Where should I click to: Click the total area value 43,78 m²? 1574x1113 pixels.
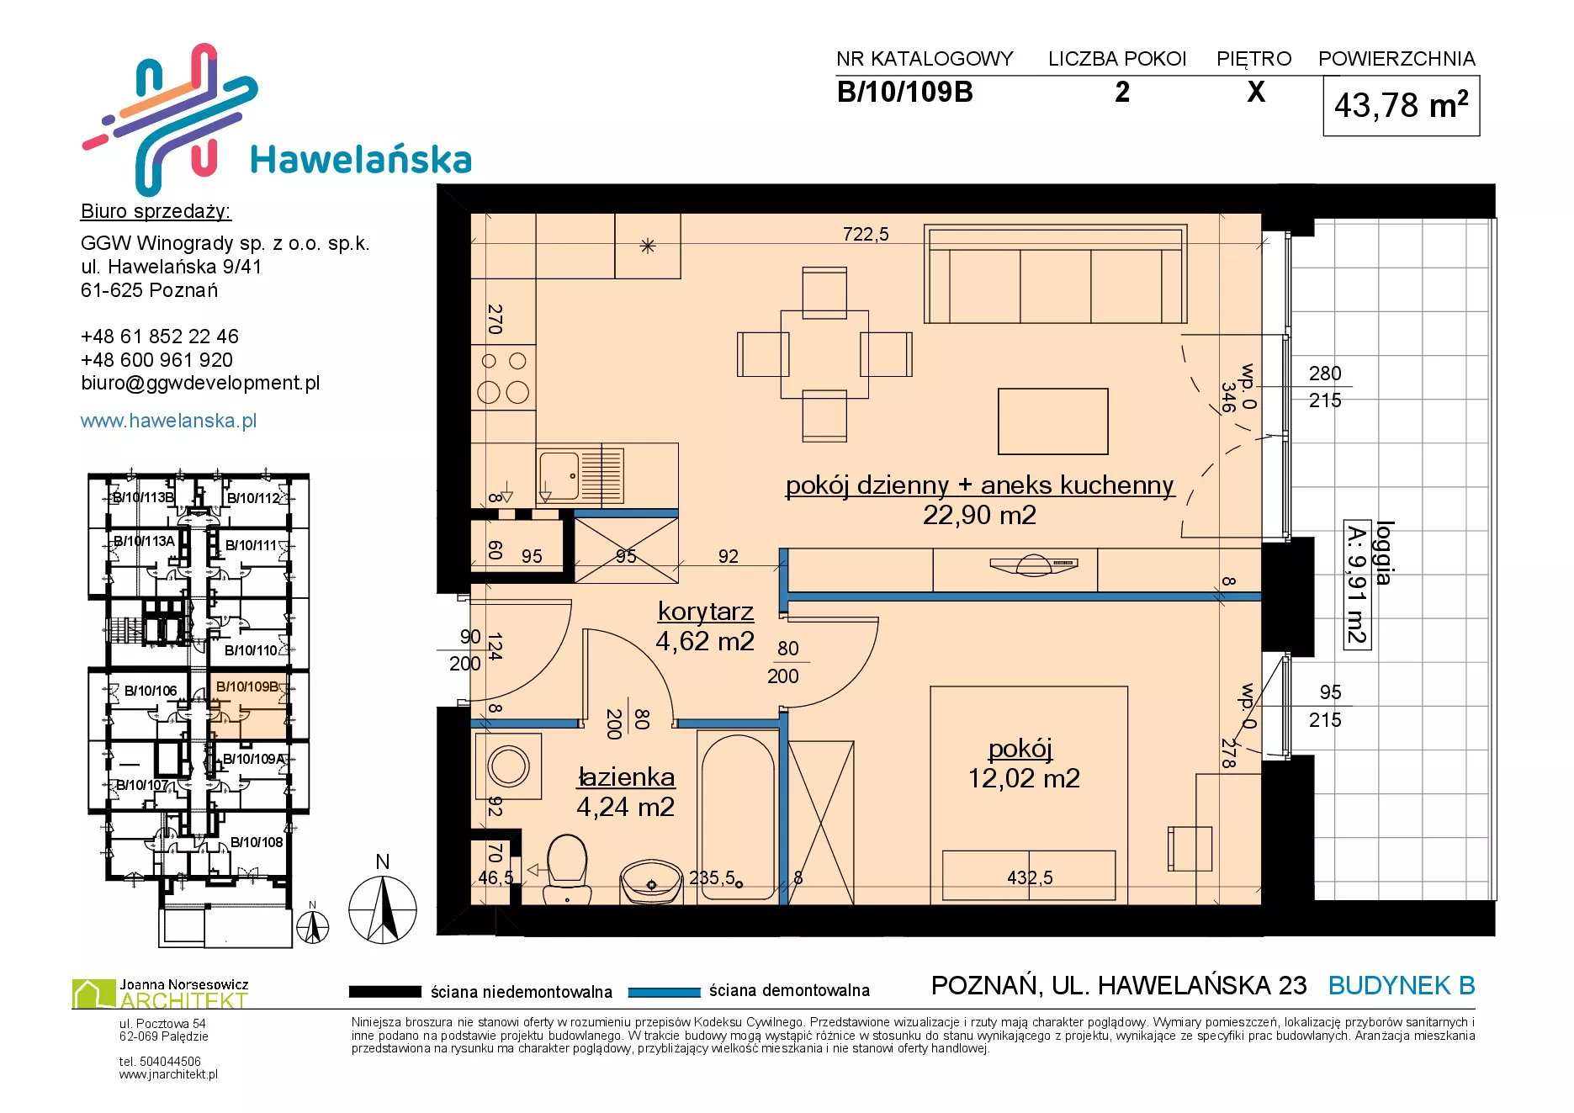pyautogui.click(x=1401, y=106)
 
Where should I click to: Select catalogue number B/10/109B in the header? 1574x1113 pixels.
pyautogui.click(x=904, y=92)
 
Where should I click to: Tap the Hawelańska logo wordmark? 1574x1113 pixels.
pyautogui.click(x=361, y=160)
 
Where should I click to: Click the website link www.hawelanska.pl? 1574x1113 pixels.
pyautogui.click(x=168, y=421)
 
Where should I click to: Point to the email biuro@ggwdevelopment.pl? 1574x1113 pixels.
pyautogui.click(x=200, y=383)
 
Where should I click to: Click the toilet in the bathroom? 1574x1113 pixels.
pyautogui.click(x=567, y=868)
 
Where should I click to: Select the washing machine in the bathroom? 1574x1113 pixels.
pyautogui.click(x=508, y=766)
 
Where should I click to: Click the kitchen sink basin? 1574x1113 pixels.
pyautogui.click(x=559, y=476)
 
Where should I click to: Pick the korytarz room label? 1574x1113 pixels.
pyautogui.click(x=705, y=612)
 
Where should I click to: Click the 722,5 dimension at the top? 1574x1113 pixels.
pyautogui.click(x=866, y=234)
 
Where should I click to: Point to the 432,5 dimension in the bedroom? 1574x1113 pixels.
pyautogui.click(x=1030, y=877)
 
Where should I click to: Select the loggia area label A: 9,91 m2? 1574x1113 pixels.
pyautogui.click(x=1356, y=585)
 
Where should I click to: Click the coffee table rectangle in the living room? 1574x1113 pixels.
pyautogui.click(x=1052, y=421)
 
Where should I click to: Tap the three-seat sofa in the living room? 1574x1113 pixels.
pyautogui.click(x=1055, y=274)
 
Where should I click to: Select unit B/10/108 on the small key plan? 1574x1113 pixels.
pyautogui.click(x=257, y=842)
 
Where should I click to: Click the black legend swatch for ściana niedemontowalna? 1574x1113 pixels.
pyautogui.click(x=384, y=992)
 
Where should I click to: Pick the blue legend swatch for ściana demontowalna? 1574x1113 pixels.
pyautogui.click(x=664, y=992)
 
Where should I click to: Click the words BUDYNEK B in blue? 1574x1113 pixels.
pyautogui.click(x=1402, y=985)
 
